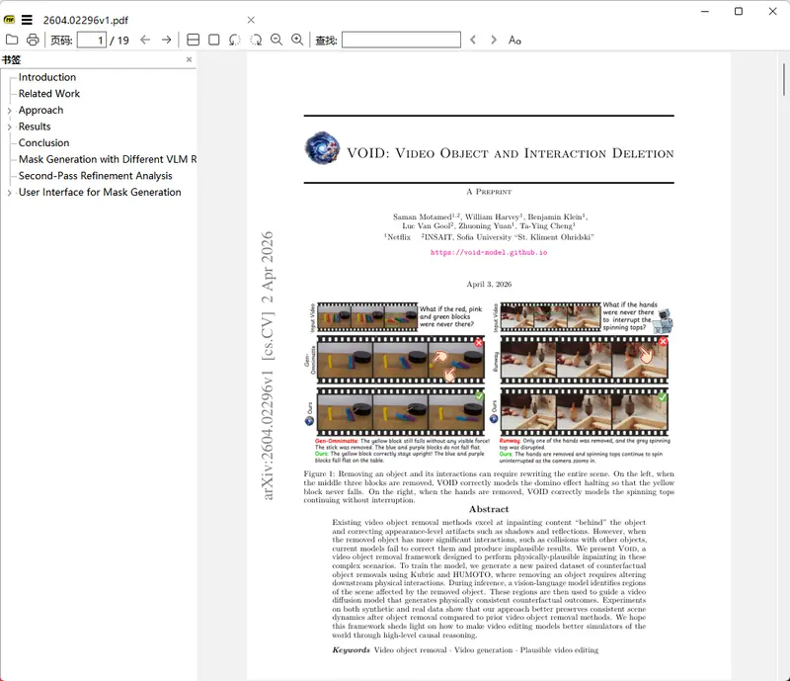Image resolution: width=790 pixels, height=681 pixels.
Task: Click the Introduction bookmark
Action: pos(46,77)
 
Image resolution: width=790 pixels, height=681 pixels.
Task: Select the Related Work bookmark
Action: pos(49,94)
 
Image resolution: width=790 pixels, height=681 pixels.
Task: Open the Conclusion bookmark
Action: pos(43,143)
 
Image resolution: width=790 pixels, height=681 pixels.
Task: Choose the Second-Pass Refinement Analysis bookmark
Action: pos(95,176)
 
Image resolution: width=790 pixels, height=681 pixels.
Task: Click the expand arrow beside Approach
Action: pos(9,111)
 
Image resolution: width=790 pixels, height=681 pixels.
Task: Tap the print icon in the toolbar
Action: pos(33,40)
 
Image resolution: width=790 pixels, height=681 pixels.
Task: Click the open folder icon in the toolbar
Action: pos(12,40)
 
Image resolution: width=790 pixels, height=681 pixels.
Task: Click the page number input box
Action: pos(91,40)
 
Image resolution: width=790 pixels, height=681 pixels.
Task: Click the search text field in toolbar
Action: pos(400,40)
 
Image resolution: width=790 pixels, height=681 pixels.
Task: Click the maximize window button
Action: pos(739,11)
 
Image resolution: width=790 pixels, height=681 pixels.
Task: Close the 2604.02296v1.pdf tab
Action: pos(251,20)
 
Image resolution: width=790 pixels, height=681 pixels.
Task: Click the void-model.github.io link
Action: pos(489,253)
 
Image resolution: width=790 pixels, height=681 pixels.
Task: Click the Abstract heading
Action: pos(489,509)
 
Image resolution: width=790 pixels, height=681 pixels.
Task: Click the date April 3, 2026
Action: pos(489,284)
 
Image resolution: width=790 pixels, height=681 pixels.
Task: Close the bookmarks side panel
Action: pos(190,60)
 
